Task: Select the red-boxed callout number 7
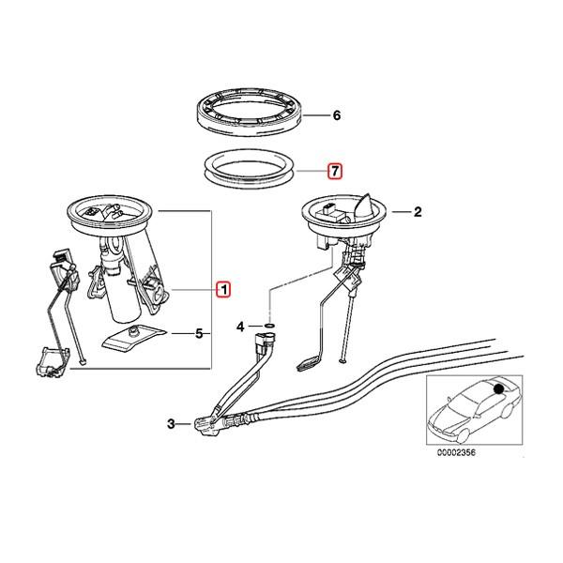point(333,172)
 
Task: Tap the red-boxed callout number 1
point(222,290)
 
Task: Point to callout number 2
point(418,213)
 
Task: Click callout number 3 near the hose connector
point(171,425)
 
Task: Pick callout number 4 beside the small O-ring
point(240,327)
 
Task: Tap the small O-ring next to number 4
point(268,327)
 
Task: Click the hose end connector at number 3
point(207,426)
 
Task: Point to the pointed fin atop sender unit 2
point(367,199)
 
